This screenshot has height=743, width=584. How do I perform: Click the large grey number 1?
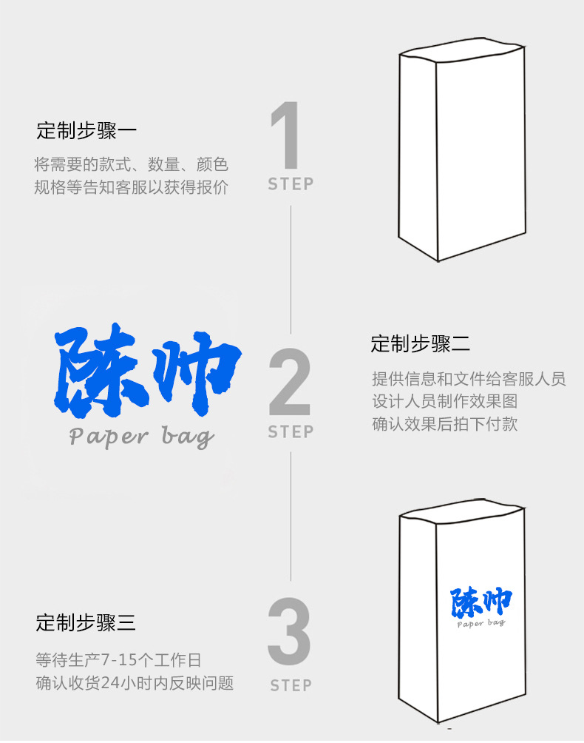pos(286,135)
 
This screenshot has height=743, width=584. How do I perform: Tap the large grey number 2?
pos(290,382)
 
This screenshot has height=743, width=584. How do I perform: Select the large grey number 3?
pos(289,631)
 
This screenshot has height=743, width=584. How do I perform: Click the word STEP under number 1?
pos(291,184)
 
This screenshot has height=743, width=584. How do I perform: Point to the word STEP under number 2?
pos(291,431)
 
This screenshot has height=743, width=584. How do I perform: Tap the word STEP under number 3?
pos(291,685)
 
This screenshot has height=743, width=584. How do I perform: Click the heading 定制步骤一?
pos(86,131)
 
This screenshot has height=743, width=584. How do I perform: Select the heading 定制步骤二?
pos(420,343)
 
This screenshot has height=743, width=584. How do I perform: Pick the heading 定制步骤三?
pos(86,622)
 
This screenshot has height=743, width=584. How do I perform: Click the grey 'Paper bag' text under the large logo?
pos(141,437)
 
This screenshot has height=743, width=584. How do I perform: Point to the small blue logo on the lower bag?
pos(481,608)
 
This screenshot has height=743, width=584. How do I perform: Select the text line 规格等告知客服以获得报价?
pos(131,187)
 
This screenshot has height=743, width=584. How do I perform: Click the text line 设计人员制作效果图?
pos(444,401)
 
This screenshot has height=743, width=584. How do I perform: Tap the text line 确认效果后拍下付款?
pos(444,423)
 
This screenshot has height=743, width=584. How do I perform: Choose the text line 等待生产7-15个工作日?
pos(118,659)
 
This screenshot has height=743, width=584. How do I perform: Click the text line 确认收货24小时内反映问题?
pos(135,683)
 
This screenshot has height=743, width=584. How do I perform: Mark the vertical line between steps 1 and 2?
pos(291,269)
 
